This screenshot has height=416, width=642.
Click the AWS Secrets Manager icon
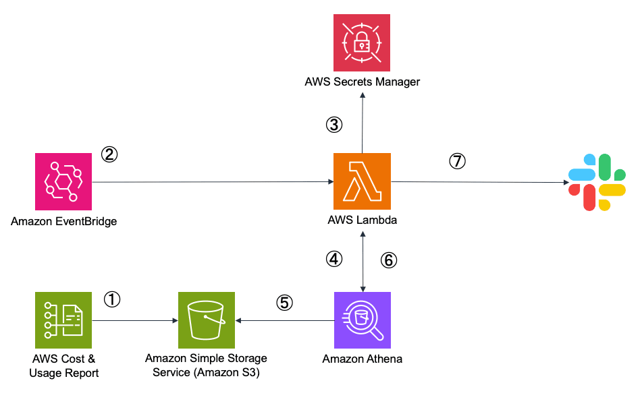point(362,42)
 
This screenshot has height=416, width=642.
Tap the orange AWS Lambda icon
point(362,181)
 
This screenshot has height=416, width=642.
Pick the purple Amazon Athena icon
point(363,320)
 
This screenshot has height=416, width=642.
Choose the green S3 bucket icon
point(207,320)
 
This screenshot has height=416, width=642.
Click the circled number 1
point(112,299)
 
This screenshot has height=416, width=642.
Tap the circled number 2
point(109,154)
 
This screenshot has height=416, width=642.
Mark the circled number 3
point(334,125)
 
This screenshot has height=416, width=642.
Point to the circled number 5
point(285,303)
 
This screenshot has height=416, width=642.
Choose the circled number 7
point(458,161)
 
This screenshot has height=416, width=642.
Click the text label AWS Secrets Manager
point(362,82)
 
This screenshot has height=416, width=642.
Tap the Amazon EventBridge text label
point(64,220)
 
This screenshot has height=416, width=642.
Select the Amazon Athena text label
point(363,359)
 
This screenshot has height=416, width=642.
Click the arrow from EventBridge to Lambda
point(213,182)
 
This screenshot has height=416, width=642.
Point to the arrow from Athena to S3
point(284,321)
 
